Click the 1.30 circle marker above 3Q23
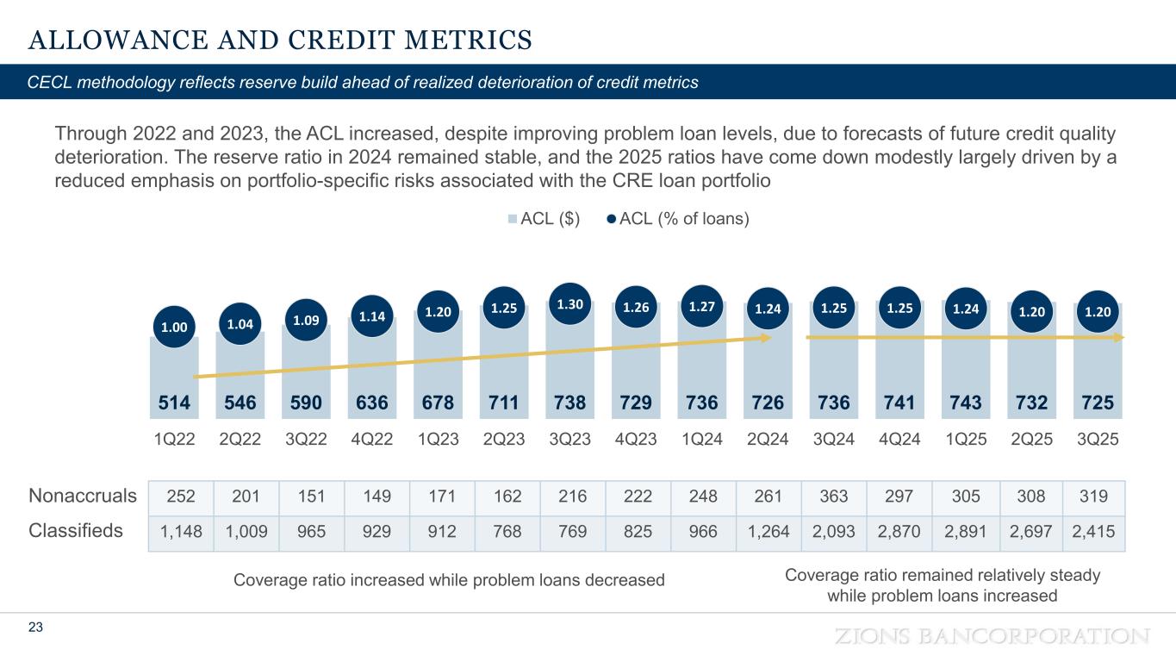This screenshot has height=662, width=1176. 569,305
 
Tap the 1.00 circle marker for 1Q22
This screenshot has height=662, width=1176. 173,328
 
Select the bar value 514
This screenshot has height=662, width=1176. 173,403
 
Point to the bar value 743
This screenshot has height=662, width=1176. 966,403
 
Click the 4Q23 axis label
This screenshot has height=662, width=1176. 636,438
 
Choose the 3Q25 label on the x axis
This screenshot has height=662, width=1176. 1098,438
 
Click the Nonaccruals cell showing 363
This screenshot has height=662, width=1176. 834,496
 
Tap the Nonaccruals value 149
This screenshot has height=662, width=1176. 372,496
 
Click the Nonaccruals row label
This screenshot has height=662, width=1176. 83,496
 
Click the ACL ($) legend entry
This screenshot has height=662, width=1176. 544,219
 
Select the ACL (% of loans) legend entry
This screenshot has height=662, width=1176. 678,219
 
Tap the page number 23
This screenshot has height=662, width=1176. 35,628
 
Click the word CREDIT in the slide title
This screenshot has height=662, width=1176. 329,40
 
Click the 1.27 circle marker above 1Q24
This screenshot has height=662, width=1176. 701,306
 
